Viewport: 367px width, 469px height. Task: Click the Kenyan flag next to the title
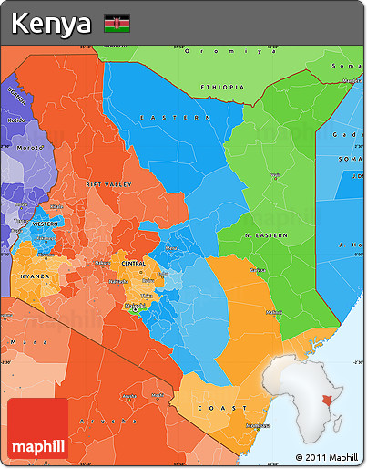(117, 23)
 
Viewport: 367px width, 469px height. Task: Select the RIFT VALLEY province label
(108, 184)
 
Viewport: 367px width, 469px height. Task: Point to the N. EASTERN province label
(267, 235)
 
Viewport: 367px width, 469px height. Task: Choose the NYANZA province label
(35, 275)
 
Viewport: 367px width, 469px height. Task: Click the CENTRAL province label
(133, 263)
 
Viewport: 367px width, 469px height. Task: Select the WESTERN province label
(46, 224)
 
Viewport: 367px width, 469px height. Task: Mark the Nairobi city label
(136, 306)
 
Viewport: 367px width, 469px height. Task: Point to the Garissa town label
(259, 270)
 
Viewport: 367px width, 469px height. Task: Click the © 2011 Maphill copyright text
(326, 456)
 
